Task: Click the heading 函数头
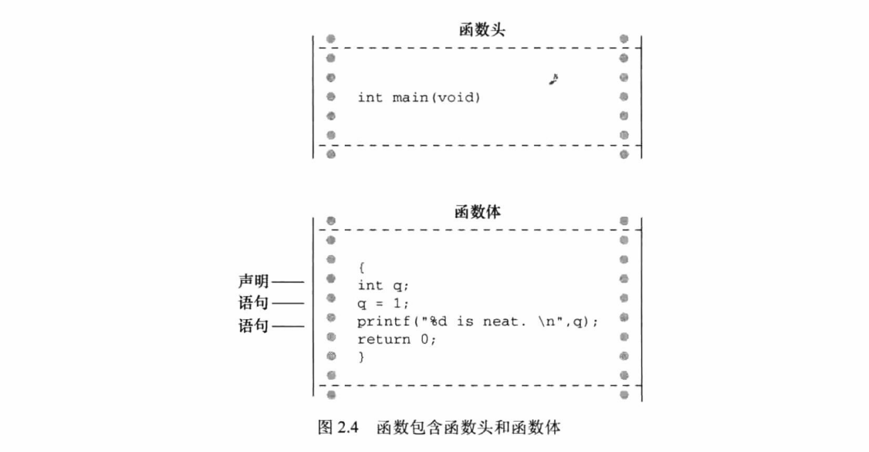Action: pos(480,29)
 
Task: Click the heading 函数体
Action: pos(478,212)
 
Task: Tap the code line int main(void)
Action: pos(419,97)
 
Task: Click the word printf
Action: pos(378,322)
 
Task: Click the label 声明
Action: pos(253,281)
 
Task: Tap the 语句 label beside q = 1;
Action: pos(253,303)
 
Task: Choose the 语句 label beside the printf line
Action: pos(253,325)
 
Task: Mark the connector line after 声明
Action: pos(288,282)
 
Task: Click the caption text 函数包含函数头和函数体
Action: pos(468,427)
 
